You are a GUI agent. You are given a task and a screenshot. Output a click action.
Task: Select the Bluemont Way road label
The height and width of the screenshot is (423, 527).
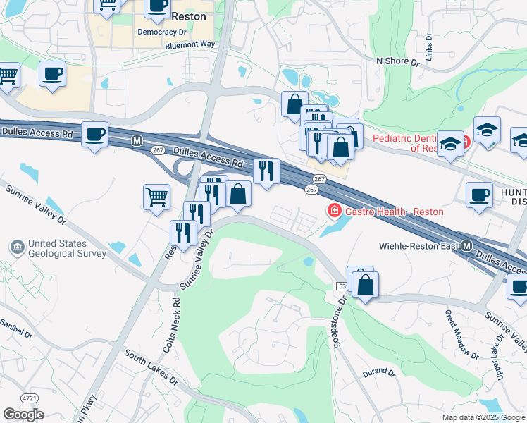point(190,44)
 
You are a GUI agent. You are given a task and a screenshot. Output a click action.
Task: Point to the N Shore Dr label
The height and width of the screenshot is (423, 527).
point(397,61)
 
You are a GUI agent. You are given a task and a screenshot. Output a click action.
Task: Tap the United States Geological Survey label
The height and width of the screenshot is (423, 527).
point(67,249)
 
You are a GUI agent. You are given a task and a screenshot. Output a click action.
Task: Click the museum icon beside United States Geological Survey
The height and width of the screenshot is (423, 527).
point(16,247)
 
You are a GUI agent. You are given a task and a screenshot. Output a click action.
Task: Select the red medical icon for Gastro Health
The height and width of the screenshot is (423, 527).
point(333,211)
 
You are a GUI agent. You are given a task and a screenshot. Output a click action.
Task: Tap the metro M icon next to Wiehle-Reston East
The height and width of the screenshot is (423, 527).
point(466,246)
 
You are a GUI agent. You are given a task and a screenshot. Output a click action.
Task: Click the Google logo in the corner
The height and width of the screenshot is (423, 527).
point(23,415)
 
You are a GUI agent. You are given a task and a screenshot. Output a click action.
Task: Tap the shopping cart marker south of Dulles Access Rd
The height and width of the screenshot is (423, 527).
point(156,197)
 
